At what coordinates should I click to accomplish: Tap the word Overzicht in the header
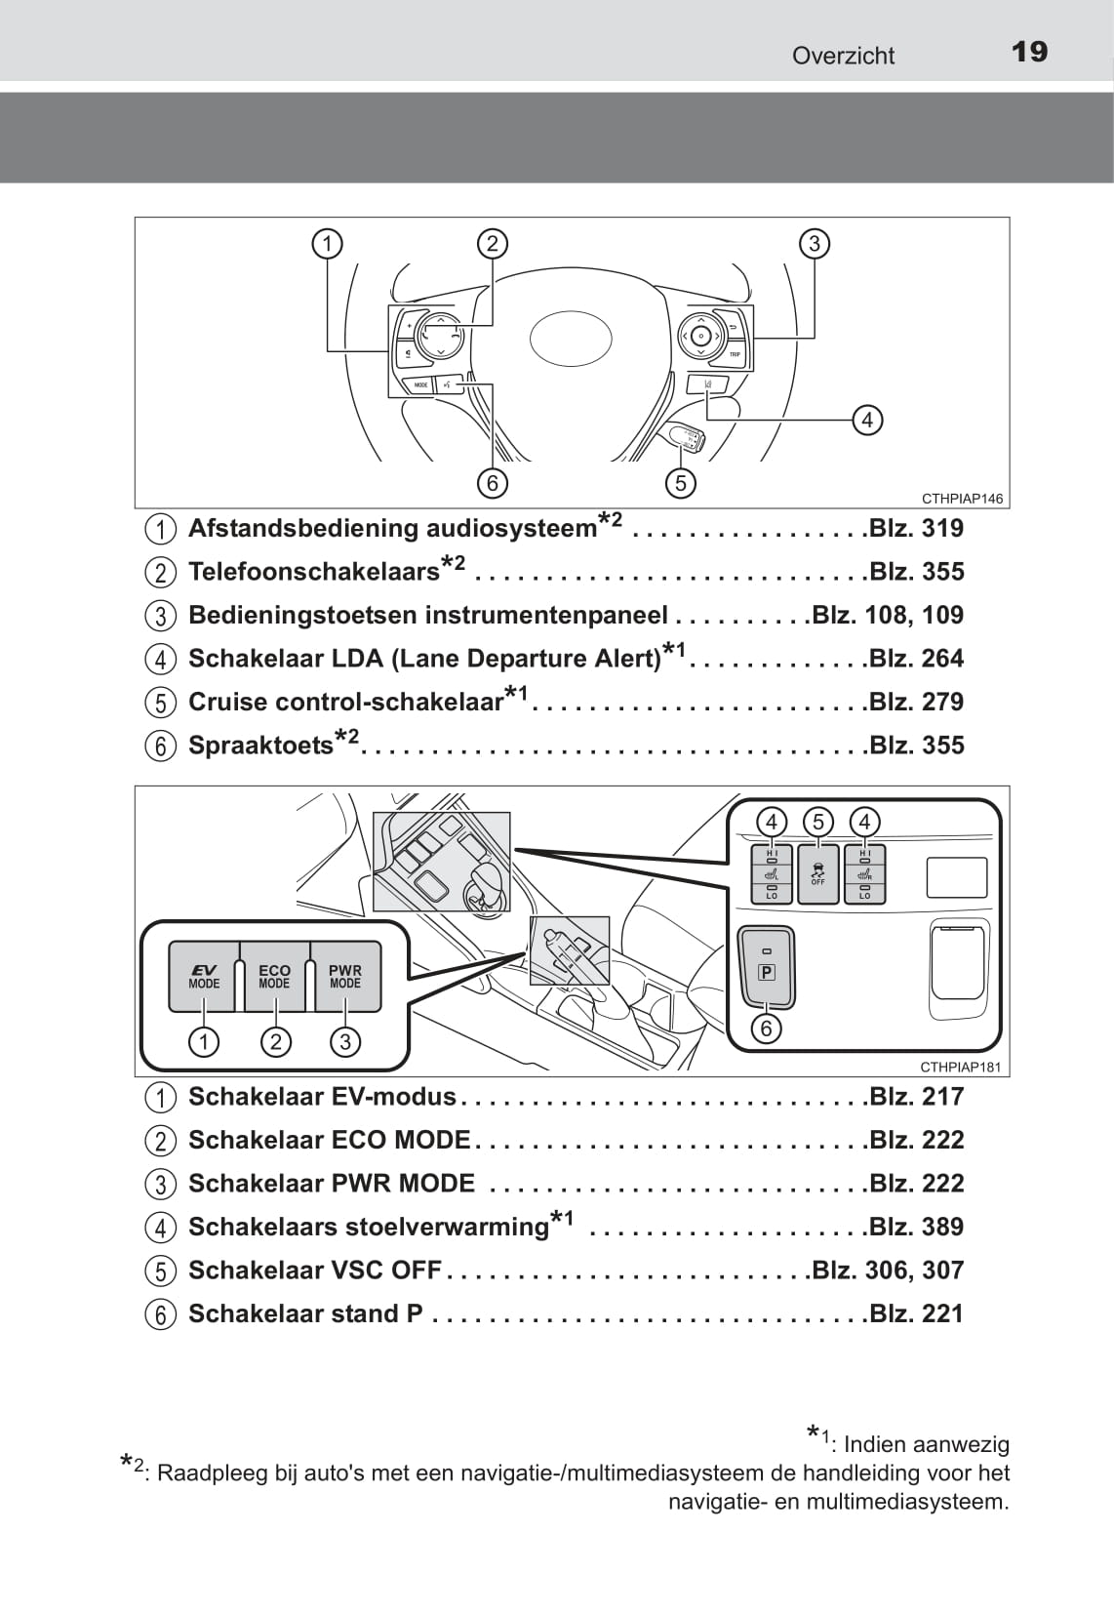pos(843,56)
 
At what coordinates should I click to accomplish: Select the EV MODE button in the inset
pos(204,976)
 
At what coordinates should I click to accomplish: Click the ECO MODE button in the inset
pos(274,976)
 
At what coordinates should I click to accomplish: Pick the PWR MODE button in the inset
pos(345,976)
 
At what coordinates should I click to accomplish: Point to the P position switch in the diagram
pos(767,966)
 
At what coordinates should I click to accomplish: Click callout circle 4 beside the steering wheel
pos(866,421)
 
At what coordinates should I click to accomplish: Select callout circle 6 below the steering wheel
pos(493,482)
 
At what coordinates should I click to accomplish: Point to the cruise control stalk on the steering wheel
pos(682,437)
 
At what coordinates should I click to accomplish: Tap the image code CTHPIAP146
pos(962,499)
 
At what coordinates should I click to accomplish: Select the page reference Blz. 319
pos(915,529)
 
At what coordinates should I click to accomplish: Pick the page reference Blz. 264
pos(915,659)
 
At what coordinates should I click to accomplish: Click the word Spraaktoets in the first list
pos(260,746)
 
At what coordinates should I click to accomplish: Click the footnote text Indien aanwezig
pos(926,1444)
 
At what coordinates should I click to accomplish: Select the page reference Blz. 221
pos(915,1314)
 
